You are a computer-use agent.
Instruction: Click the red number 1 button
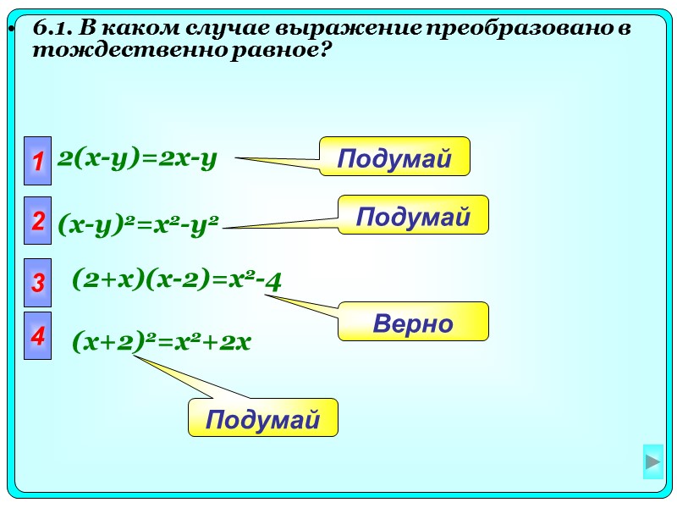(x=37, y=161)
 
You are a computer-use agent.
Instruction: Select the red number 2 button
(x=37, y=222)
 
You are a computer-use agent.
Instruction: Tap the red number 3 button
(x=37, y=283)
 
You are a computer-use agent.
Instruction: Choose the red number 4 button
(x=37, y=336)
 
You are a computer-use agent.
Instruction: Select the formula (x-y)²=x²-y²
(x=138, y=225)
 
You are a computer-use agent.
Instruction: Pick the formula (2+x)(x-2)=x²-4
(x=176, y=279)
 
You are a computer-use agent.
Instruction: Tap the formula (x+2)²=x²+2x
(x=162, y=341)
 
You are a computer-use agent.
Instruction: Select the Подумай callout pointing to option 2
(x=413, y=216)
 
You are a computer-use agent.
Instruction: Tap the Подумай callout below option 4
(x=262, y=418)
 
